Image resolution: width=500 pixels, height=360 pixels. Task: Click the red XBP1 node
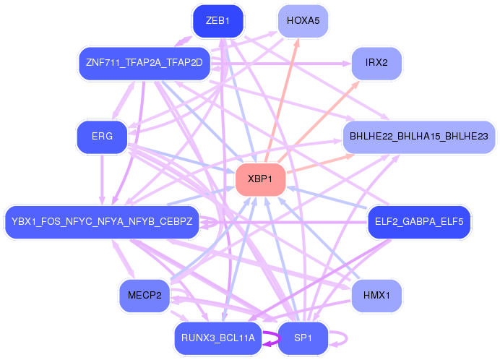pyautogui.click(x=260, y=179)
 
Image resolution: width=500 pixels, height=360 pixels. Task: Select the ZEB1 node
pyautogui.click(x=217, y=21)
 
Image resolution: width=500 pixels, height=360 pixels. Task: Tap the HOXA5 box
pyautogui.click(x=303, y=21)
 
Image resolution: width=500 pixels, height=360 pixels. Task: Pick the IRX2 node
pyautogui.click(x=376, y=63)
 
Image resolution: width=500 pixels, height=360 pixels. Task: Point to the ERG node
pyautogui.click(x=102, y=137)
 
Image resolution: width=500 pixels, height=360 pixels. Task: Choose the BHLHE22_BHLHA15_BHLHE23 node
pyautogui.click(x=418, y=137)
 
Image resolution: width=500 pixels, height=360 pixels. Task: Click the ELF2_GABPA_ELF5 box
pyautogui.click(x=419, y=220)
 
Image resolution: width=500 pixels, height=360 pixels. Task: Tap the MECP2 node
pyautogui.click(x=145, y=295)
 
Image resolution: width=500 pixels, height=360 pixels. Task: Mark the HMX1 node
pyautogui.click(x=376, y=295)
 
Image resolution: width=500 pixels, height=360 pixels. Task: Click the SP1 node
pyautogui.click(x=303, y=338)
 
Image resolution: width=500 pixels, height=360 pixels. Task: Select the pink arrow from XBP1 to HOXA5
pyautogui.click(x=283, y=100)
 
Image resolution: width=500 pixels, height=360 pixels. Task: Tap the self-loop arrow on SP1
pyautogui.click(x=344, y=338)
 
